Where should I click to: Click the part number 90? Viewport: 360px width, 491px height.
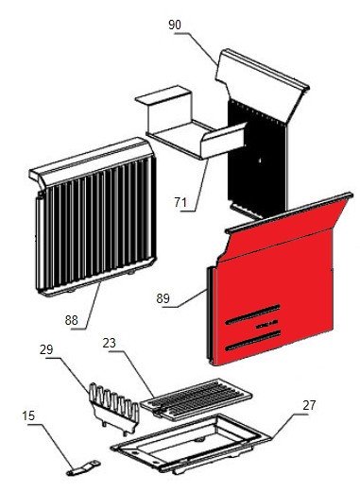tap(175, 25)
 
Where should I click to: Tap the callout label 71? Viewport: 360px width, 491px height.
tap(180, 202)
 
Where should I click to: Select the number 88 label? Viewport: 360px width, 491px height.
tap(72, 320)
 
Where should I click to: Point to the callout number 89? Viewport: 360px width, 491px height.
tap(163, 298)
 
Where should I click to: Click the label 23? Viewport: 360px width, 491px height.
tap(110, 343)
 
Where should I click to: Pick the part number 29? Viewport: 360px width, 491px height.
tap(46, 349)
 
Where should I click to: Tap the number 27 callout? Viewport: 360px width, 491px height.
tap(309, 405)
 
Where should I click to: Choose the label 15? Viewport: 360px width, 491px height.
tap(28, 415)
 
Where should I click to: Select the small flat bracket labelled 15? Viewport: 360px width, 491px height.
tap(83, 468)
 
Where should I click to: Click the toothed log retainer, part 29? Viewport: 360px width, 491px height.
tap(114, 408)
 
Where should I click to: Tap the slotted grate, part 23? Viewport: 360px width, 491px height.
tap(196, 399)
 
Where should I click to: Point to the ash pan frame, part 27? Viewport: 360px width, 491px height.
tap(191, 444)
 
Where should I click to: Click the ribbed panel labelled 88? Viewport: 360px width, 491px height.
tap(94, 217)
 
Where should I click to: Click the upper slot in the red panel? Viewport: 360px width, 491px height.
tap(253, 314)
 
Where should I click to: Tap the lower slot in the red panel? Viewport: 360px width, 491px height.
tap(253, 340)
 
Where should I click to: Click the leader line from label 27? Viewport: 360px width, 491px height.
tap(285, 426)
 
